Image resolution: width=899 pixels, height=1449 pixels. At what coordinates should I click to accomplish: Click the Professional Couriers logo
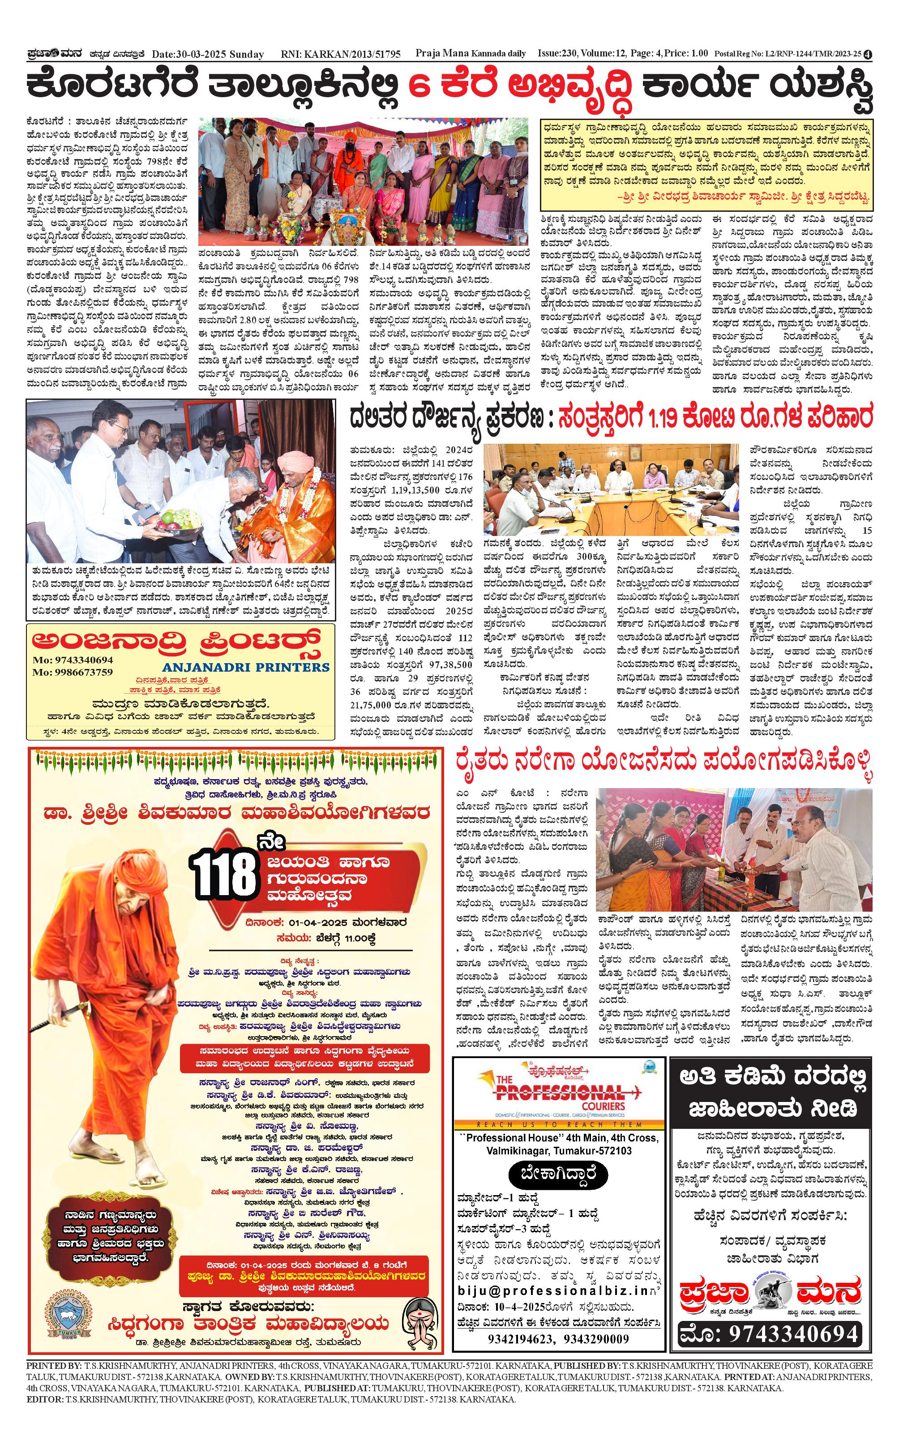pyautogui.click(x=558, y=1092)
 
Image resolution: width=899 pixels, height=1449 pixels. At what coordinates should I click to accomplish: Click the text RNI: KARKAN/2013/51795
pyautogui.click(x=341, y=54)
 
